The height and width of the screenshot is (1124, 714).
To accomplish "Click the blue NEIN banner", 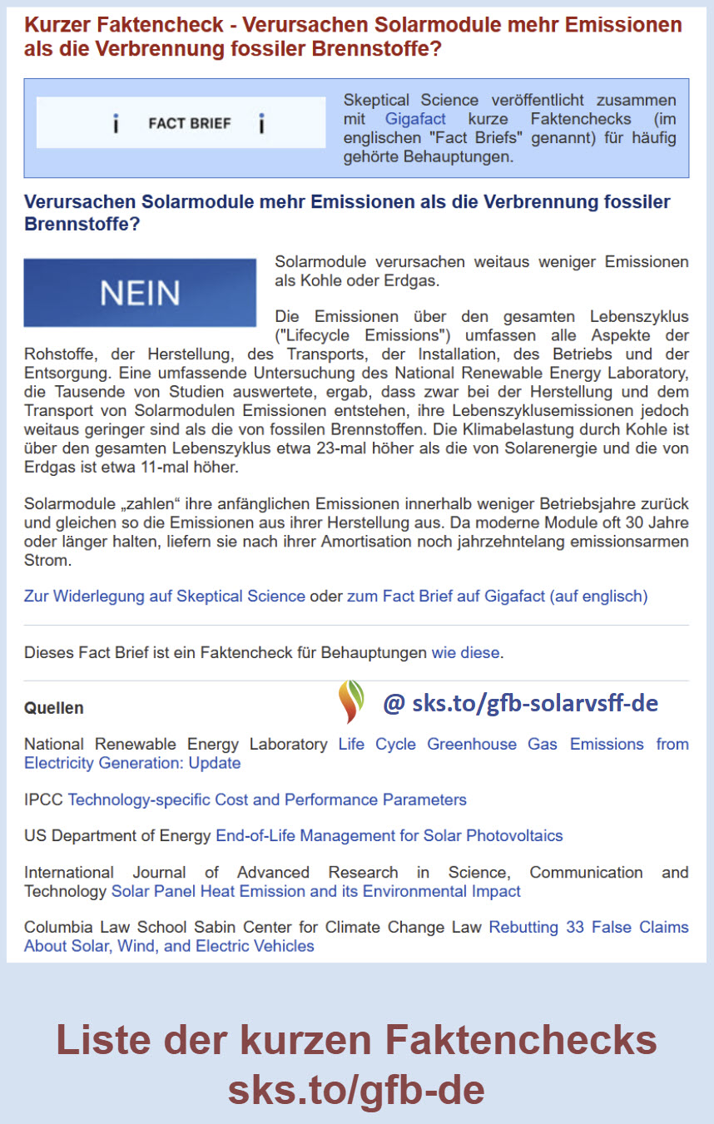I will (x=140, y=293).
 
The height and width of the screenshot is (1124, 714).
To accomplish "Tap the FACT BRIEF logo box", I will (x=181, y=123).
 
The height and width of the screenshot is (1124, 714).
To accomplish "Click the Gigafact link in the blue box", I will (x=415, y=119).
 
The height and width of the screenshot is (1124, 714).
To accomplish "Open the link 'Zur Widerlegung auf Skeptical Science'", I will (x=165, y=596).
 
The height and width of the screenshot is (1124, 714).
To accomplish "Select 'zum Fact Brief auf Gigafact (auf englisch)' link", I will (x=497, y=596).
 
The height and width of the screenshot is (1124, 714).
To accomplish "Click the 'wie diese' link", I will (x=465, y=652).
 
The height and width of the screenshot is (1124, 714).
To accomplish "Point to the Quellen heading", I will (x=54, y=708).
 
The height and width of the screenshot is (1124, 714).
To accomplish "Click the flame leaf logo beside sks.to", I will (x=351, y=701).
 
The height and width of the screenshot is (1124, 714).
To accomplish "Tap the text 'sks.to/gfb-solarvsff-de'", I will (x=534, y=703).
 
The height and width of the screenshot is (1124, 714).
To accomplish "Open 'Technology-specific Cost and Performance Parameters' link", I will (x=267, y=800).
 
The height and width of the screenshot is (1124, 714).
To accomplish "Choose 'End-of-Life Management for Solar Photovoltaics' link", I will (x=389, y=835).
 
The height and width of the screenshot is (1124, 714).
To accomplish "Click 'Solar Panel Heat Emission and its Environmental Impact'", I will (x=316, y=891).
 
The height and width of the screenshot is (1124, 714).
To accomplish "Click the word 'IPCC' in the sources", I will (x=43, y=800).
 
